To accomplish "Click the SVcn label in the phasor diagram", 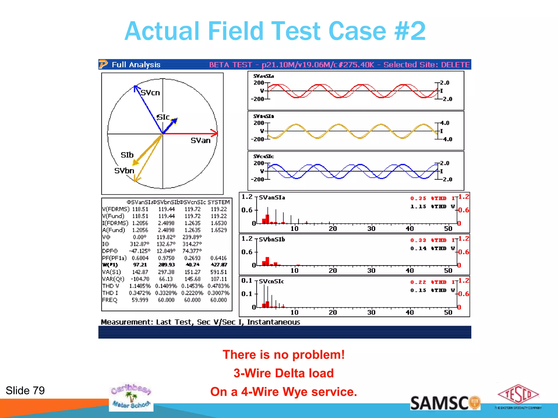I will click(150, 93).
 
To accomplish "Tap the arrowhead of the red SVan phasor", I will click(215, 133).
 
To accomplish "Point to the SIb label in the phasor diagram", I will click(127, 155).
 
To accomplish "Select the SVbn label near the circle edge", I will click(124, 171).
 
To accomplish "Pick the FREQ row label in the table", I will click(110, 300).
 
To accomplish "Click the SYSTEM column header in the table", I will click(219, 202).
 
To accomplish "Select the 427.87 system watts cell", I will click(219, 265).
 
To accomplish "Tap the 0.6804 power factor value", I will click(140, 258).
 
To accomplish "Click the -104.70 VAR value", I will click(140, 279).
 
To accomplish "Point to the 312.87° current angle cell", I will click(140, 244).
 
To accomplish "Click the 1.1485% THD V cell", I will click(140, 286).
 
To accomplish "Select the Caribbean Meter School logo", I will click(131, 397).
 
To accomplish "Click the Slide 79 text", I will click(25, 391).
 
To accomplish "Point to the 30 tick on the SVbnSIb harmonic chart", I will click(371, 271).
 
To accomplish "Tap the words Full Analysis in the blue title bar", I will click(136, 65).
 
